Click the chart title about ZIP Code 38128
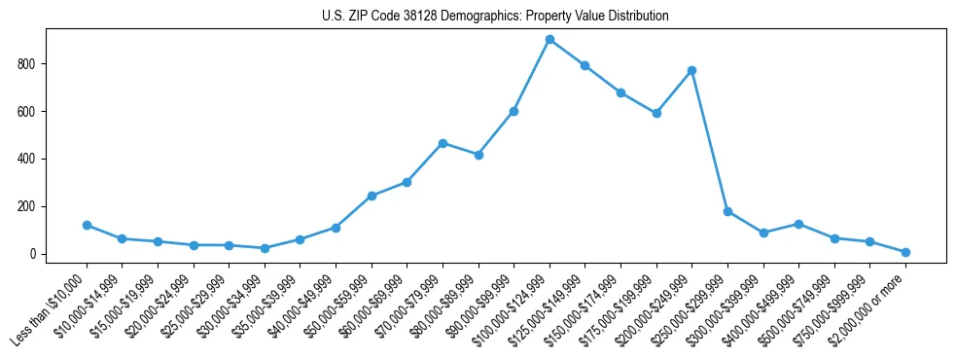pos(495,17)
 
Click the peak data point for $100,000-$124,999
pos(549,40)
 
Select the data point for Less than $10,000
pos(87,225)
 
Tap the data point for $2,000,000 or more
pos(905,252)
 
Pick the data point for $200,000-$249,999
pos(691,70)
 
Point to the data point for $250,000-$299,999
pos(727,211)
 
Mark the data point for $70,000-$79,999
pos(443,143)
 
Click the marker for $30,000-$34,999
pos(265,248)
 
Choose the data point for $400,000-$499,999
pos(798,224)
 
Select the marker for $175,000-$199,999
pos(656,113)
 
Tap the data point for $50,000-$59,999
pos(372,196)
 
